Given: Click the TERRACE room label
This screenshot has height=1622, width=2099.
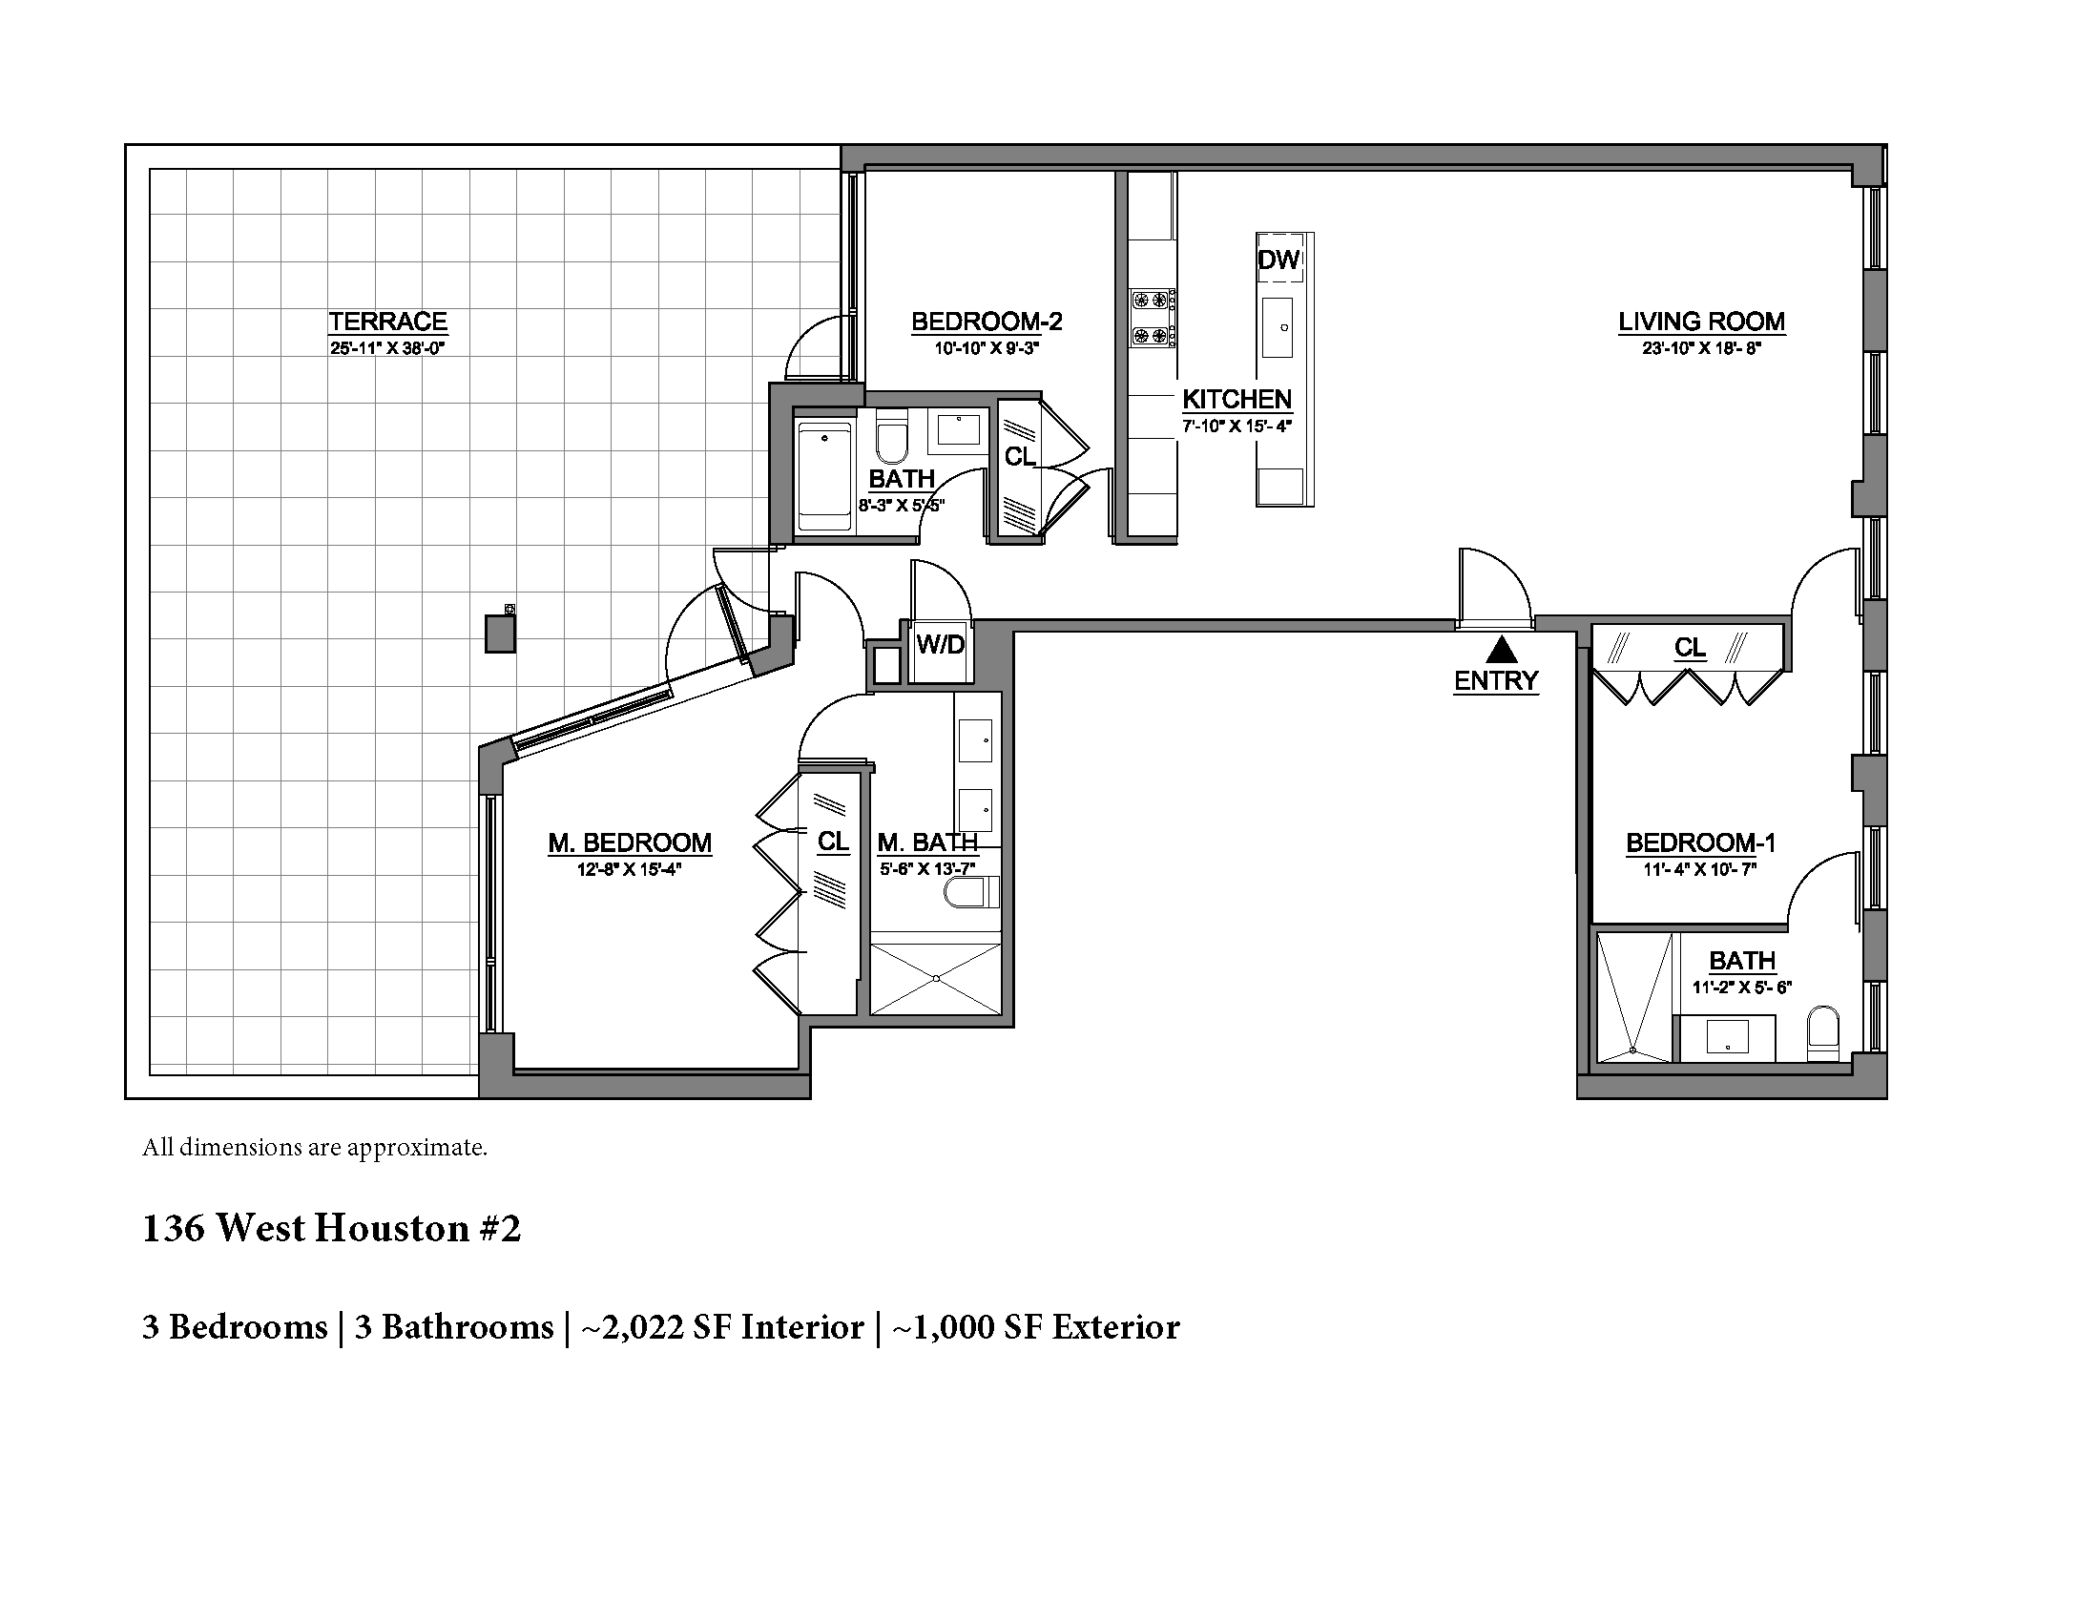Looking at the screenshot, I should [x=387, y=321].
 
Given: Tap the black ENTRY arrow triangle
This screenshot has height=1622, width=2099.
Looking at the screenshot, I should [x=1501, y=651].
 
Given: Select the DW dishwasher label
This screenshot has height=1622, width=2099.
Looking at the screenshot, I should [x=1278, y=260].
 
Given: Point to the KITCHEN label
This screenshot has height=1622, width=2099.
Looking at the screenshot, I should [x=1236, y=399].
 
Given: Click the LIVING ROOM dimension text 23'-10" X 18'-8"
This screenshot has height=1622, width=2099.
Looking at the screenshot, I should [x=1700, y=349].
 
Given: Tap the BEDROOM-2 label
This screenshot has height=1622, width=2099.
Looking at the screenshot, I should [x=987, y=321].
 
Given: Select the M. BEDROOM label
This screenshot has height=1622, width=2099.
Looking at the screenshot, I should [x=630, y=842].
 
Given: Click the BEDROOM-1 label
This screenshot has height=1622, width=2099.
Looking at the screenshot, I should [x=1699, y=842].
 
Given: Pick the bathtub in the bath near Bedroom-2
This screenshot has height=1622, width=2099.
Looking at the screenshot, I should [x=823, y=476].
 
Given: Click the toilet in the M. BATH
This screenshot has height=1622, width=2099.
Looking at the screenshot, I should [x=970, y=893].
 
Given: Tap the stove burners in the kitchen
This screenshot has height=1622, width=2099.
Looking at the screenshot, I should [x=1152, y=318].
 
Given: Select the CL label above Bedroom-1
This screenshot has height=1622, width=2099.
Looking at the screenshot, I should [x=1689, y=648].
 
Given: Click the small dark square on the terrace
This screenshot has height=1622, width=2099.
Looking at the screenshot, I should [x=500, y=634].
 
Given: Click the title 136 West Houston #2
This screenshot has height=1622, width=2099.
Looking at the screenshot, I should [x=332, y=1228].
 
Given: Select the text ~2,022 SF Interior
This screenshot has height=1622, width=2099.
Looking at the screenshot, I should [x=722, y=1327].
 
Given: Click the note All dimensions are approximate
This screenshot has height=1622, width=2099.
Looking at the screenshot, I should [x=314, y=1147].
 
